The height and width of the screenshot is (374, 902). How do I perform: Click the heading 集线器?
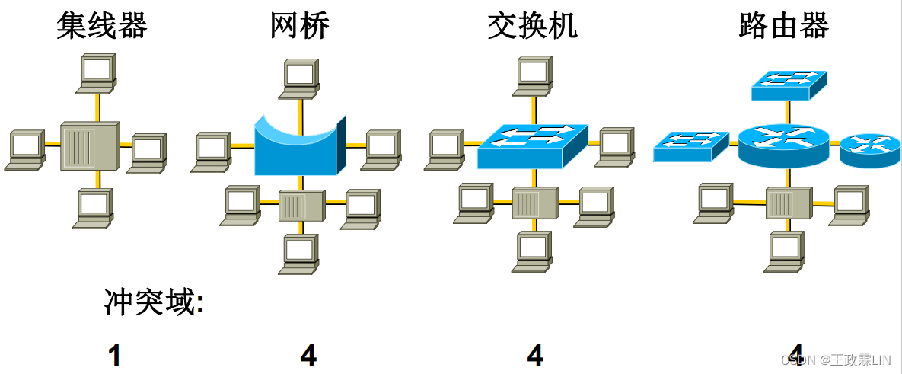tap(101, 26)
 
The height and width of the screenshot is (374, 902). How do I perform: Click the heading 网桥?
tap(300, 26)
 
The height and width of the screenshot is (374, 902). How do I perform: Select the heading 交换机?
tap(532, 26)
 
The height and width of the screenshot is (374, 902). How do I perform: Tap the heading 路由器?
tap(783, 26)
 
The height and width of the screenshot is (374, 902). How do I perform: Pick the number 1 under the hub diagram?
tap(114, 355)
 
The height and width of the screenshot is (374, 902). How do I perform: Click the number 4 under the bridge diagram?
tap(308, 355)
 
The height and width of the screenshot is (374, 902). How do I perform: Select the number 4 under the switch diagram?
tap(535, 355)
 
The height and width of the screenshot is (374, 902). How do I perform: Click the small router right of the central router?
tap(869, 149)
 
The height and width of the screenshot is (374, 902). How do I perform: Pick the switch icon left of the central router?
tap(690, 146)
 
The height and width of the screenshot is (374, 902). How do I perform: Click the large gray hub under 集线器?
tap(89, 145)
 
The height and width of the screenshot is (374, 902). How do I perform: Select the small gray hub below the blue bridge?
tap(302, 205)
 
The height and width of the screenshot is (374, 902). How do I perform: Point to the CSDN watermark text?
tap(837, 359)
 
